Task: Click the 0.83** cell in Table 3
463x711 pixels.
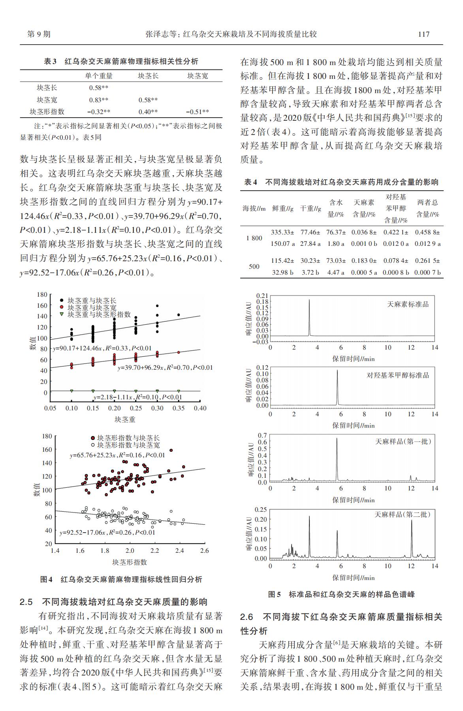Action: [x=98, y=100]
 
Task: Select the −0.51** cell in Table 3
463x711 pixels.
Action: [x=198, y=112]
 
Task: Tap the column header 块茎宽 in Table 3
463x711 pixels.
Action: [x=198, y=76]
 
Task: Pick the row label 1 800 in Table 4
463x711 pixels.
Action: [x=254, y=238]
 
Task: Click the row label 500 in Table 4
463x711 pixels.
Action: [x=254, y=267]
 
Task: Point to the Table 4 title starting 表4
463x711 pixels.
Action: [x=341, y=182]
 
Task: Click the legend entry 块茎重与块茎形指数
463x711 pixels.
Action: [x=99, y=314]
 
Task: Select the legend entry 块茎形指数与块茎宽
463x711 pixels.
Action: [x=128, y=445]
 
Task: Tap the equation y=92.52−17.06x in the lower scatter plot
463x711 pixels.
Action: [x=107, y=533]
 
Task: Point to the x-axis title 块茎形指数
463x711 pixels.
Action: [x=130, y=562]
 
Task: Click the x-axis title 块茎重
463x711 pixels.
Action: [x=125, y=419]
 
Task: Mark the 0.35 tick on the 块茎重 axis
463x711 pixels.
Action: [x=179, y=408]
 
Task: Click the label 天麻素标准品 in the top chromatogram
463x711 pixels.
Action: [x=408, y=305]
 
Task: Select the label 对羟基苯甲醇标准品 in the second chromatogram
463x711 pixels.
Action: [x=397, y=375]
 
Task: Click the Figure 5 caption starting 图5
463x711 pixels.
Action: [x=341, y=594]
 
